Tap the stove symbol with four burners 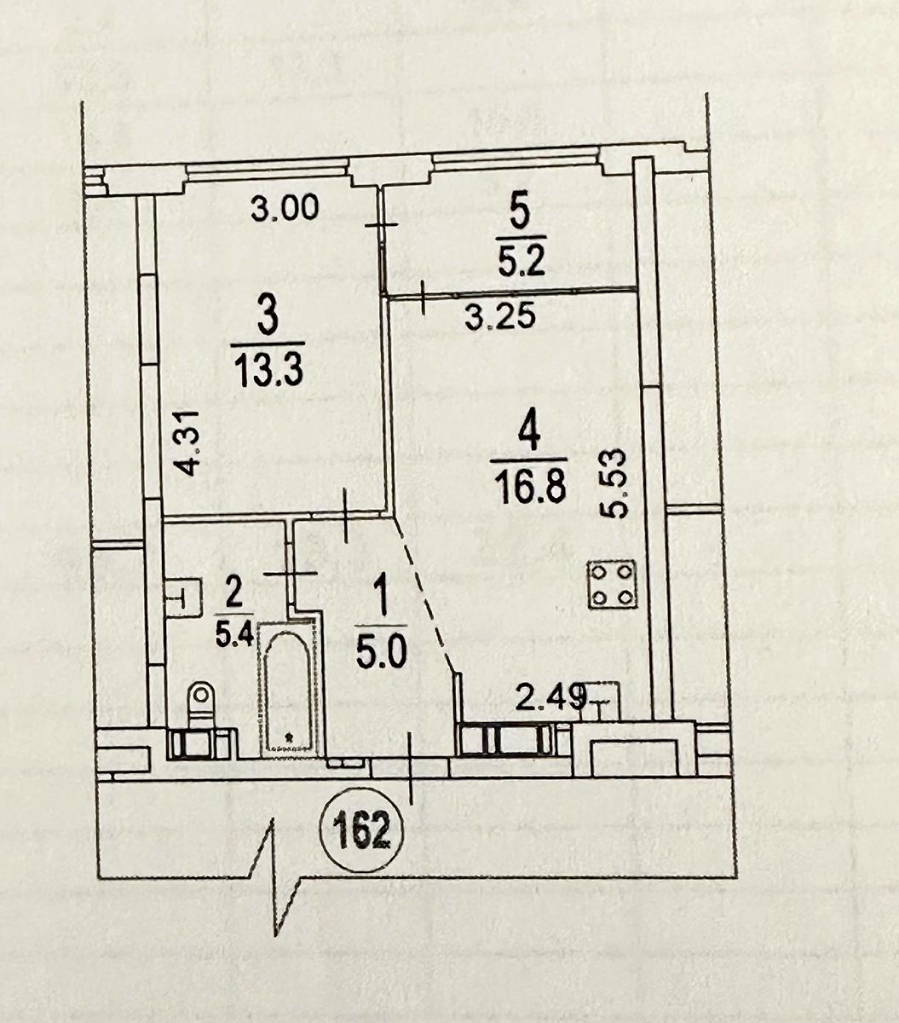tap(612, 586)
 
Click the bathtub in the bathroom tap(290, 688)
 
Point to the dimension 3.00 tap(285, 207)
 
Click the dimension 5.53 tap(615, 483)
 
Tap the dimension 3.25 tap(499, 318)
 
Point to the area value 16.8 tap(530, 486)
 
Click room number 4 tap(529, 434)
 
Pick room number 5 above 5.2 tap(521, 215)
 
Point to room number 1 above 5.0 tap(382, 598)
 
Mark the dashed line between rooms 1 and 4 tap(425, 595)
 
